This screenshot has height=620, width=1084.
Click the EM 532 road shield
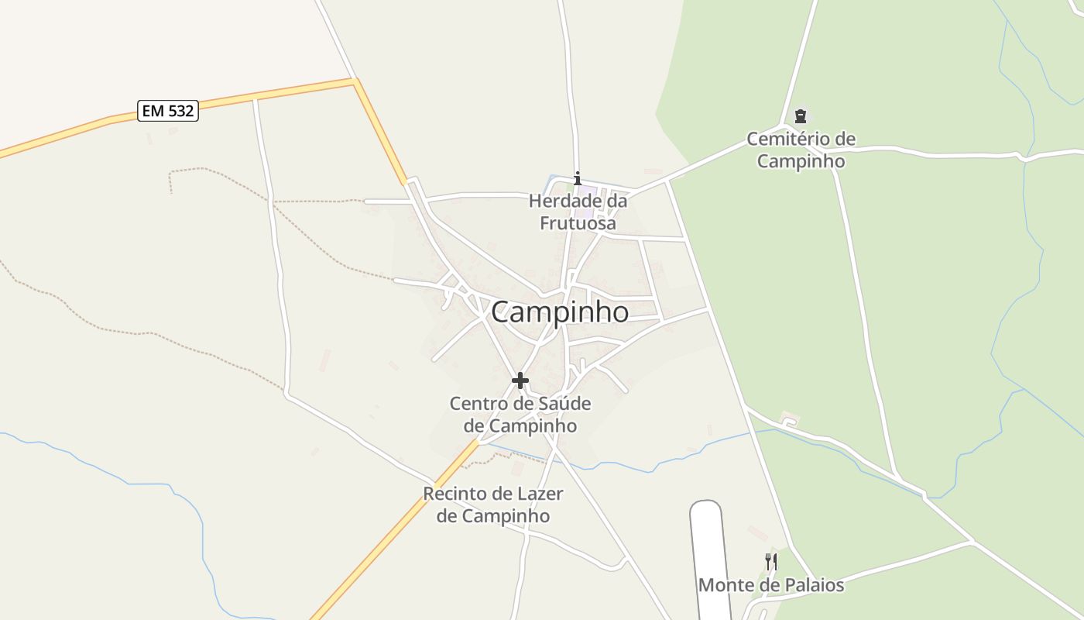(168, 111)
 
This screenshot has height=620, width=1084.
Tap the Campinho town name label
(560, 312)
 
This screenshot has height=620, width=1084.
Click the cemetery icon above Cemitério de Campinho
(801, 117)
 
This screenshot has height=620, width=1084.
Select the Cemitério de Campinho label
(801, 150)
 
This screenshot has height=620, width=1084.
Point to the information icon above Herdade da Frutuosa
(577, 179)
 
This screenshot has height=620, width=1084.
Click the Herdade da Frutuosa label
(578, 212)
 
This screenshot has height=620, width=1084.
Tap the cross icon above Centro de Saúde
(520, 381)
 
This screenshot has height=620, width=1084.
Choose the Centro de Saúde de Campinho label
(520, 415)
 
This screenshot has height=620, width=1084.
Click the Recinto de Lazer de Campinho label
(493, 505)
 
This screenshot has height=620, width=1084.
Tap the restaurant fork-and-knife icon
(771, 562)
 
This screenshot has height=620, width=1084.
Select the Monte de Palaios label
(771, 585)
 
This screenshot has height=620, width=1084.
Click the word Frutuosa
(578, 224)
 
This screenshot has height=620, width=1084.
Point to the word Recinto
(455, 494)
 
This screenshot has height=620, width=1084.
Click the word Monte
(726, 585)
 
